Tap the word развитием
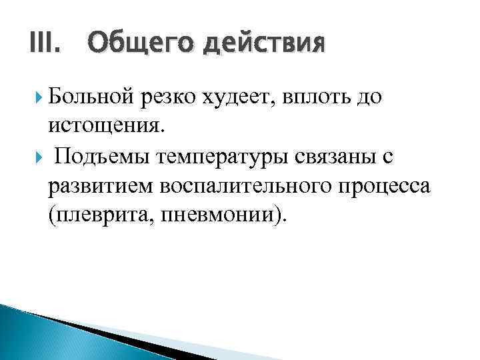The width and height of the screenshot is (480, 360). tap(101, 186)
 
